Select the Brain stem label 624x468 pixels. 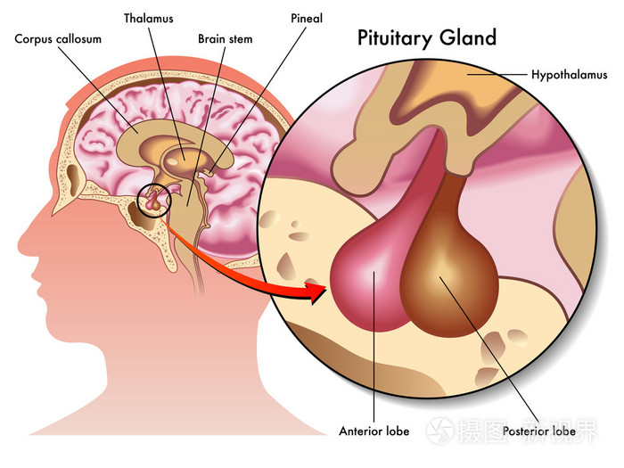[225, 39]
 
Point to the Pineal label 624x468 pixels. [308, 17]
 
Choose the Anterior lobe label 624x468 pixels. [374, 431]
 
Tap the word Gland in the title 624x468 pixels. [465, 39]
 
